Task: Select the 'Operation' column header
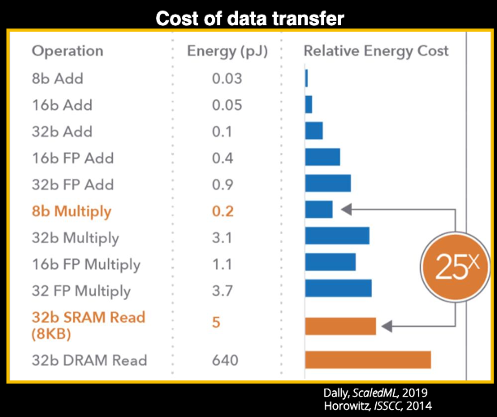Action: coord(68,51)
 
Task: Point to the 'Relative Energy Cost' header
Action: coord(376,51)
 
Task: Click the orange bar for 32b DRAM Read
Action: coord(367,359)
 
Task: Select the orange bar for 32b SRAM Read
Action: coord(340,326)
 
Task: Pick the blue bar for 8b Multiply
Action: coord(318,210)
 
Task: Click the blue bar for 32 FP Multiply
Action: coord(338,289)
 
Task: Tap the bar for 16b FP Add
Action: coord(322,157)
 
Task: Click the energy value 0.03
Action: coord(223,79)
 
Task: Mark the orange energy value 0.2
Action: coord(223,211)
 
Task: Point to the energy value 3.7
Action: coord(223,290)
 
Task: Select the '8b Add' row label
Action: coord(57,79)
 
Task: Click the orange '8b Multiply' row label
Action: coord(71,211)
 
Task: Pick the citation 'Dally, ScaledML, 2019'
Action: coord(376,392)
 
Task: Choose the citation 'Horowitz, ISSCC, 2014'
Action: coord(378,406)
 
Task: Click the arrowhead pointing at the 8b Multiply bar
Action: coord(344,210)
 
